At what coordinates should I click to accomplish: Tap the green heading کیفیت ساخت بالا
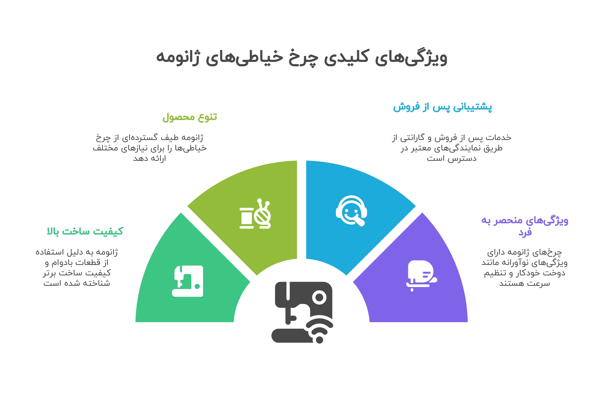point(85,231)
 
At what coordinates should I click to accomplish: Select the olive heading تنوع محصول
point(190,117)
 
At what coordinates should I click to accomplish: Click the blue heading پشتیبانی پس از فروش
point(442,107)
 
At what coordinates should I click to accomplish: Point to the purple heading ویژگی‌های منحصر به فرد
point(525,226)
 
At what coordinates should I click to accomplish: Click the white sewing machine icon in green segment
point(187,281)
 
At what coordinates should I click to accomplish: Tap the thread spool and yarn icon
point(255,214)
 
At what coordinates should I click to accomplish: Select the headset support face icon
point(351,211)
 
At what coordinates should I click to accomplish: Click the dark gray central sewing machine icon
point(302,312)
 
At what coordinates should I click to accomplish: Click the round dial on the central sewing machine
point(319,297)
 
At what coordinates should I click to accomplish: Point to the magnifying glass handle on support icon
point(360,222)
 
